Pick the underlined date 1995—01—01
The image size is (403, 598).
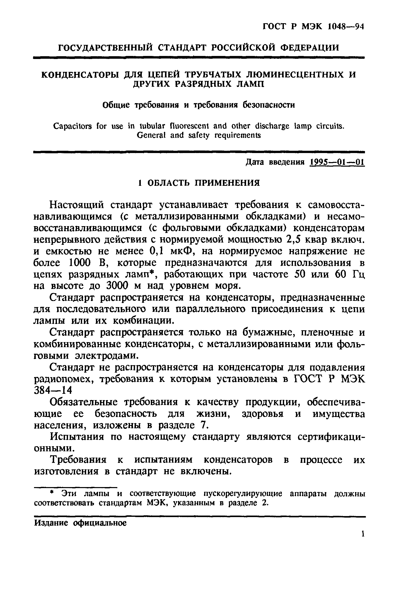coord(337,162)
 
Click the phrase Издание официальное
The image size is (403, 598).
coord(80,523)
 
